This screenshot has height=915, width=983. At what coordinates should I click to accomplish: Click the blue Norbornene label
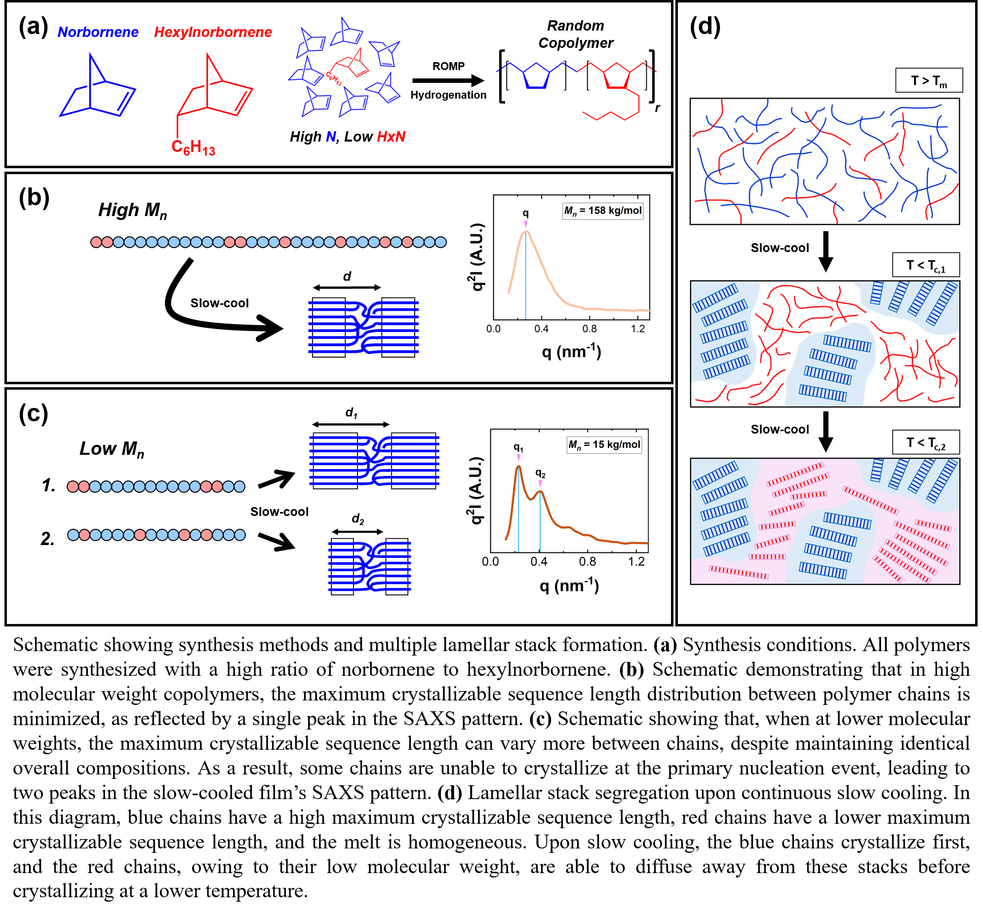98,32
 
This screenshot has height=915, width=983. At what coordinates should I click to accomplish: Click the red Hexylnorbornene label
213,32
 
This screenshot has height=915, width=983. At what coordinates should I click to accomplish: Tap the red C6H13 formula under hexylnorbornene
193,147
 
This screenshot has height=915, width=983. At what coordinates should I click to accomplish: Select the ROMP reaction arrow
447,80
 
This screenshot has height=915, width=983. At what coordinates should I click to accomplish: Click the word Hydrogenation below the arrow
448,95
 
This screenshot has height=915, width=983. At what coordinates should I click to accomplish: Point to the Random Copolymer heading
576,34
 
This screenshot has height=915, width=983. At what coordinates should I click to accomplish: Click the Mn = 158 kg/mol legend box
603,211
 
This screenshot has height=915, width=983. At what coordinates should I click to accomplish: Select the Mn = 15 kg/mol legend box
604,444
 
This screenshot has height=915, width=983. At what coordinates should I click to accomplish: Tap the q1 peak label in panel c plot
518,447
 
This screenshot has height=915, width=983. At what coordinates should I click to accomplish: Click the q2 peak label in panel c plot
540,474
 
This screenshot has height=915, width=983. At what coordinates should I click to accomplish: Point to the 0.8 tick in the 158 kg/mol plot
589,329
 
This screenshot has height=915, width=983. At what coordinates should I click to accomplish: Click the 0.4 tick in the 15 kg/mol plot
539,562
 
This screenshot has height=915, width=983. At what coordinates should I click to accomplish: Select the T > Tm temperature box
929,80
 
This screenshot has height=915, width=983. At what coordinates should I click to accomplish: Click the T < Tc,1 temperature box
926,265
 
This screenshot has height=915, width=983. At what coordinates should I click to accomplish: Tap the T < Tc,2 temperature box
926,442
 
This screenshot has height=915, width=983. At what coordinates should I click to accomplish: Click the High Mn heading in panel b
132,211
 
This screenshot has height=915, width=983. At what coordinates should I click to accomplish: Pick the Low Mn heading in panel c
112,449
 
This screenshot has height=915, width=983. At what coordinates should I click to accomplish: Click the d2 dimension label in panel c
357,519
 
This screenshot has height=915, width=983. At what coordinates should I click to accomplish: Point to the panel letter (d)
705,27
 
